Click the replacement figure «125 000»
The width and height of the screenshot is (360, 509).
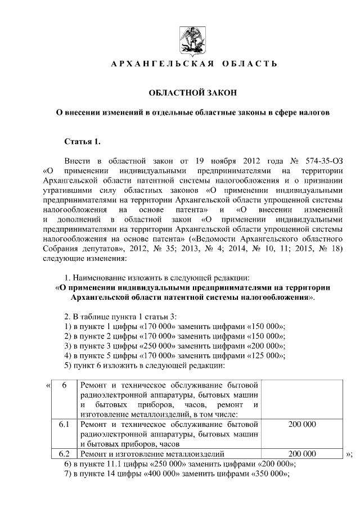pos(264,355)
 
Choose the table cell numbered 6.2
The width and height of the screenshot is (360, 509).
pos(64,453)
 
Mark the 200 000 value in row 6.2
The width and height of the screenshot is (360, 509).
pos(302,453)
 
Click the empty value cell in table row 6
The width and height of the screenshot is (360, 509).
pos(302,399)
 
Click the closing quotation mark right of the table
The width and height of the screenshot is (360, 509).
pos(349,454)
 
